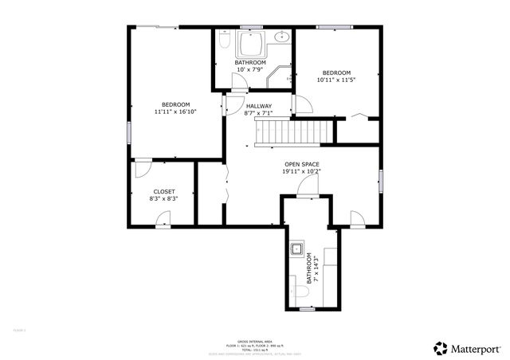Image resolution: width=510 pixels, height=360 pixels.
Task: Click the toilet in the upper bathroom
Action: tap(226, 40)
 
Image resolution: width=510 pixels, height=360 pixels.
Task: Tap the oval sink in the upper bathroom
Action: tap(281, 37)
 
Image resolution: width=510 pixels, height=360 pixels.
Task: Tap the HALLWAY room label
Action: tap(259, 106)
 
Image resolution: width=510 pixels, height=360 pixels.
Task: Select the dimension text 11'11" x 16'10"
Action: tap(175, 112)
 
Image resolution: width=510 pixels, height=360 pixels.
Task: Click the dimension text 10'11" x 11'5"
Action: tap(335, 80)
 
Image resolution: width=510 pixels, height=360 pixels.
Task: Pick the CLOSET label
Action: tap(164, 191)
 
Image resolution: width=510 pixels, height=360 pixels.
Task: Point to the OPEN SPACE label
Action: tap(301, 164)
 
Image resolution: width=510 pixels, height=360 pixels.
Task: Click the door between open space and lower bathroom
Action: tap(308, 186)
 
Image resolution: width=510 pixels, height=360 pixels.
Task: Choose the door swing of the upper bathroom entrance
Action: tap(239, 80)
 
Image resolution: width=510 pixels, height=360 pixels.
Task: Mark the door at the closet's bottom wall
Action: tap(142, 165)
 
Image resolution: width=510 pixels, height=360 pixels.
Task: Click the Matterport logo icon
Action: tap(440, 347)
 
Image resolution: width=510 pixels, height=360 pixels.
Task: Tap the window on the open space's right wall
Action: tap(381, 181)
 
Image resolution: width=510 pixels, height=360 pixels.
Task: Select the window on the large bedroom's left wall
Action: tap(128, 132)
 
